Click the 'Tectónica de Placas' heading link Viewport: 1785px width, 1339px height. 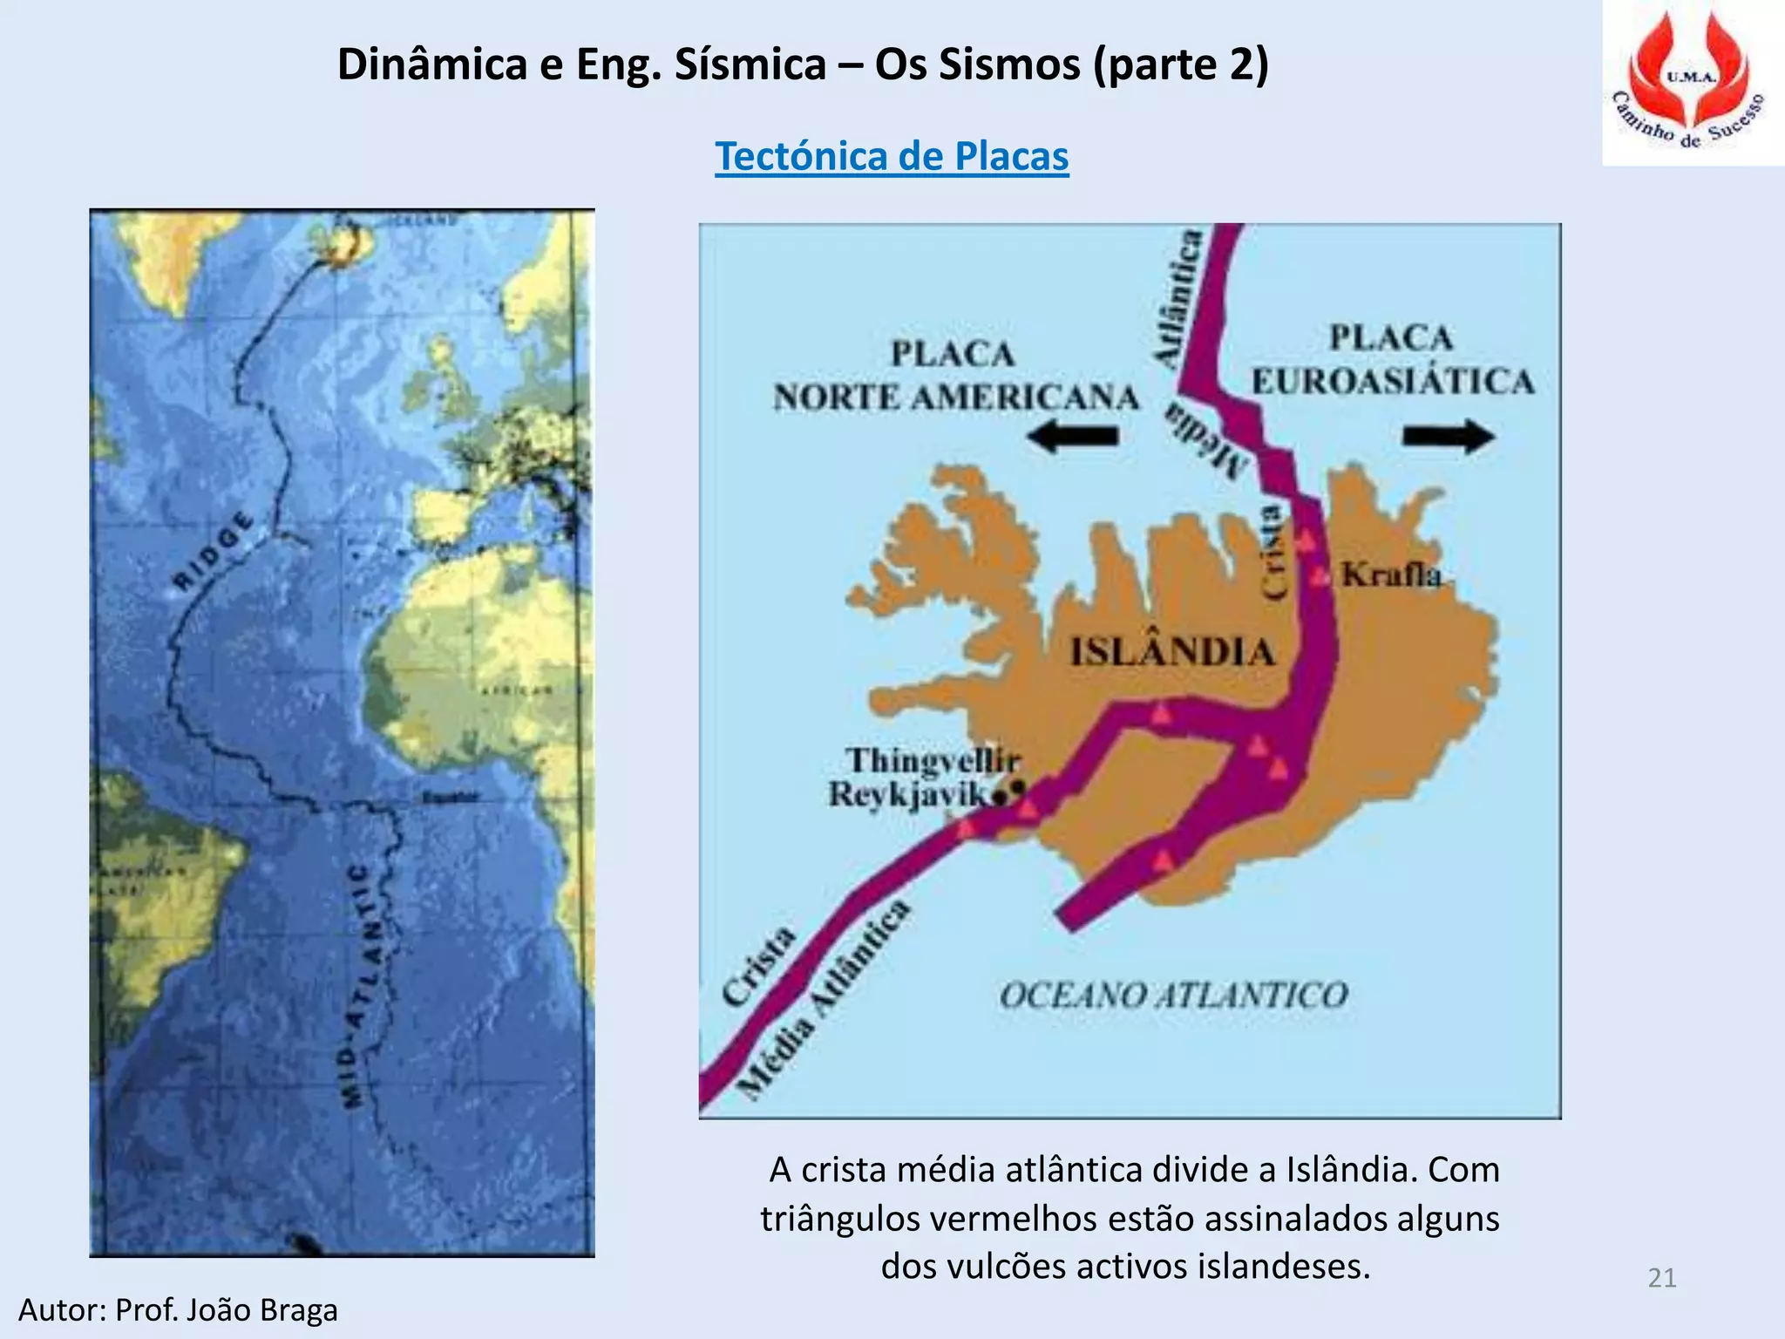click(892, 157)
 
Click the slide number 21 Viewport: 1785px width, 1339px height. click(1662, 1278)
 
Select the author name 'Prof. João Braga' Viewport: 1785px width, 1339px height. click(226, 1310)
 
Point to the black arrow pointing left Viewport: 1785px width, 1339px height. click(1073, 435)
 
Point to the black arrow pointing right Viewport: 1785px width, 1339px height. click(1449, 436)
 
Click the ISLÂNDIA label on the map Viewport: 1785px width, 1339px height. click(1172, 652)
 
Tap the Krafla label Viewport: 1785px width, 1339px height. click(1391, 575)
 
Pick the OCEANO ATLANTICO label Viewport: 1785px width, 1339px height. click(1173, 995)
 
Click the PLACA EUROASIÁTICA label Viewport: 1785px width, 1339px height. click(1392, 360)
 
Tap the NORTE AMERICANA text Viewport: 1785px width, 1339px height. click(956, 398)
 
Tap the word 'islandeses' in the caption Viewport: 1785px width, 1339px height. click(1283, 1266)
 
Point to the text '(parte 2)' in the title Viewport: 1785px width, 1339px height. click(1181, 65)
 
